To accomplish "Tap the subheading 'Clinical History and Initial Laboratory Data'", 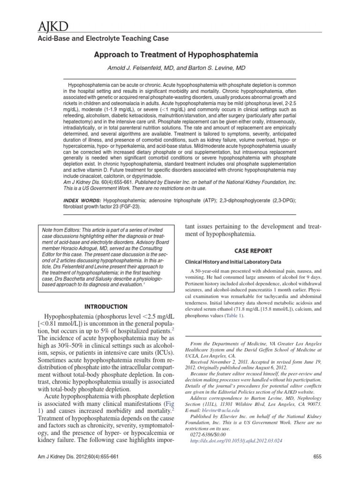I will tap(233, 262).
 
